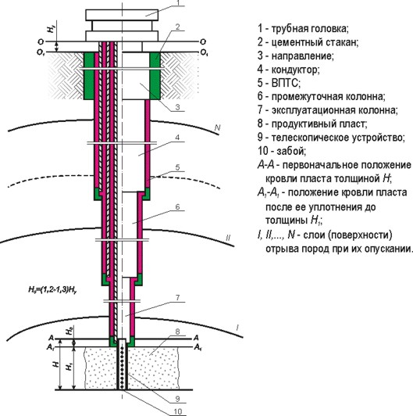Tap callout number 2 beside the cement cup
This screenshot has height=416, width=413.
pyautogui.click(x=178, y=27)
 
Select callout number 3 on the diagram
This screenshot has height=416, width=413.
pyautogui.click(x=178, y=108)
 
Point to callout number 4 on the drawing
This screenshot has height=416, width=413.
pyautogui.click(x=178, y=138)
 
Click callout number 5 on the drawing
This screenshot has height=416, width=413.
pyautogui.click(x=178, y=168)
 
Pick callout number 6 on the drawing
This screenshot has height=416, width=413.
pyautogui.click(x=178, y=207)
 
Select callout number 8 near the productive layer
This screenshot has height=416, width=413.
pyautogui.click(x=178, y=333)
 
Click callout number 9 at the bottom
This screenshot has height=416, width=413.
pyautogui.click(x=178, y=396)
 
